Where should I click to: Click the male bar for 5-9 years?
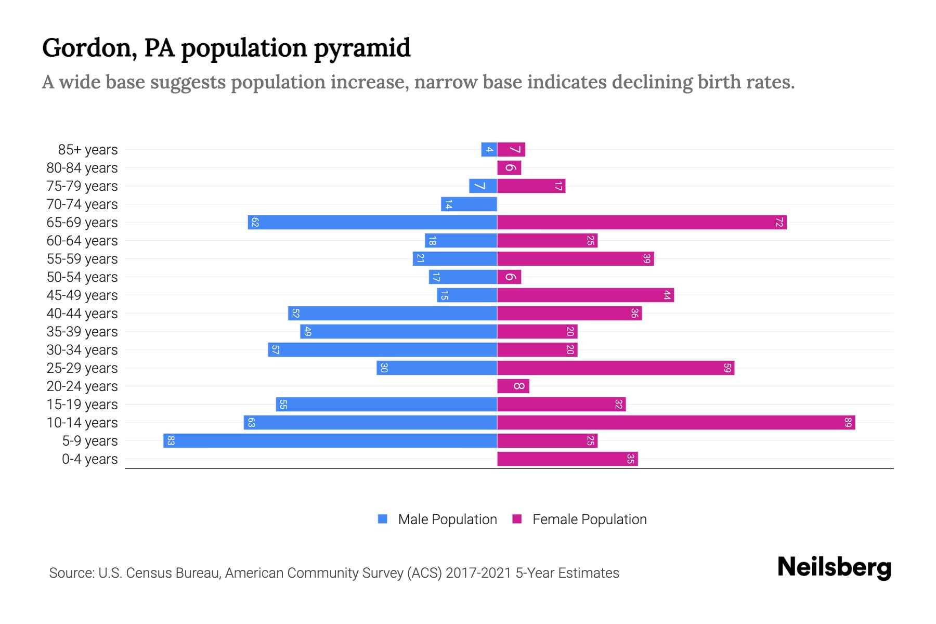(x=330, y=440)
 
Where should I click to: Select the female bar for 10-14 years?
(x=676, y=422)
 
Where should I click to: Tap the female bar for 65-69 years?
(x=642, y=222)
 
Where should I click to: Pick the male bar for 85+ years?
(x=489, y=149)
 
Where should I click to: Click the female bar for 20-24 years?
(x=513, y=386)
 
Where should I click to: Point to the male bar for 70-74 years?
(x=469, y=204)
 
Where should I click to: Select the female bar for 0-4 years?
(x=567, y=459)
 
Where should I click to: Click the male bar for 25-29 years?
(x=437, y=368)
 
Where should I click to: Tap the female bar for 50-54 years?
(x=509, y=277)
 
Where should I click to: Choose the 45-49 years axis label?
(x=82, y=295)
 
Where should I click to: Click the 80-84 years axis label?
(x=82, y=167)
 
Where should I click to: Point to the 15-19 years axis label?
(x=82, y=404)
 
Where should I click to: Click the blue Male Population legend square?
(x=383, y=519)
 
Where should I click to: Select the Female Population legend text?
(x=589, y=519)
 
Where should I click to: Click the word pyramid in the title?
(x=362, y=48)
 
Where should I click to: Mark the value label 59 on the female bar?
(x=727, y=368)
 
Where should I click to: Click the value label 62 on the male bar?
(x=255, y=222)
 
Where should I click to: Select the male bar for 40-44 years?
(x=393, y=313)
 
